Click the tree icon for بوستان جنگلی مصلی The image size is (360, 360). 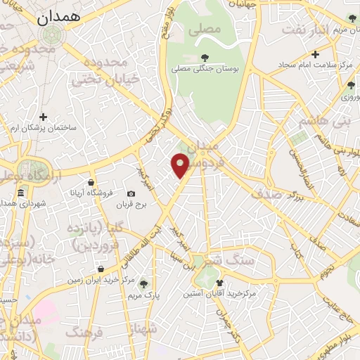pyautogui.click(x=205, y=58)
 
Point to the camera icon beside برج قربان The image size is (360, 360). pyautogui.click(x=131, y=193)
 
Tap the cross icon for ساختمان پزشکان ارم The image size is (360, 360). pyautogui.click(x=44, y=117)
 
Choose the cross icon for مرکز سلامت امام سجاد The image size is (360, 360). pyautogui.click(x=316, y=54)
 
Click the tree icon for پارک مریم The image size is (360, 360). pyautogui.click(x=144, y=283)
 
